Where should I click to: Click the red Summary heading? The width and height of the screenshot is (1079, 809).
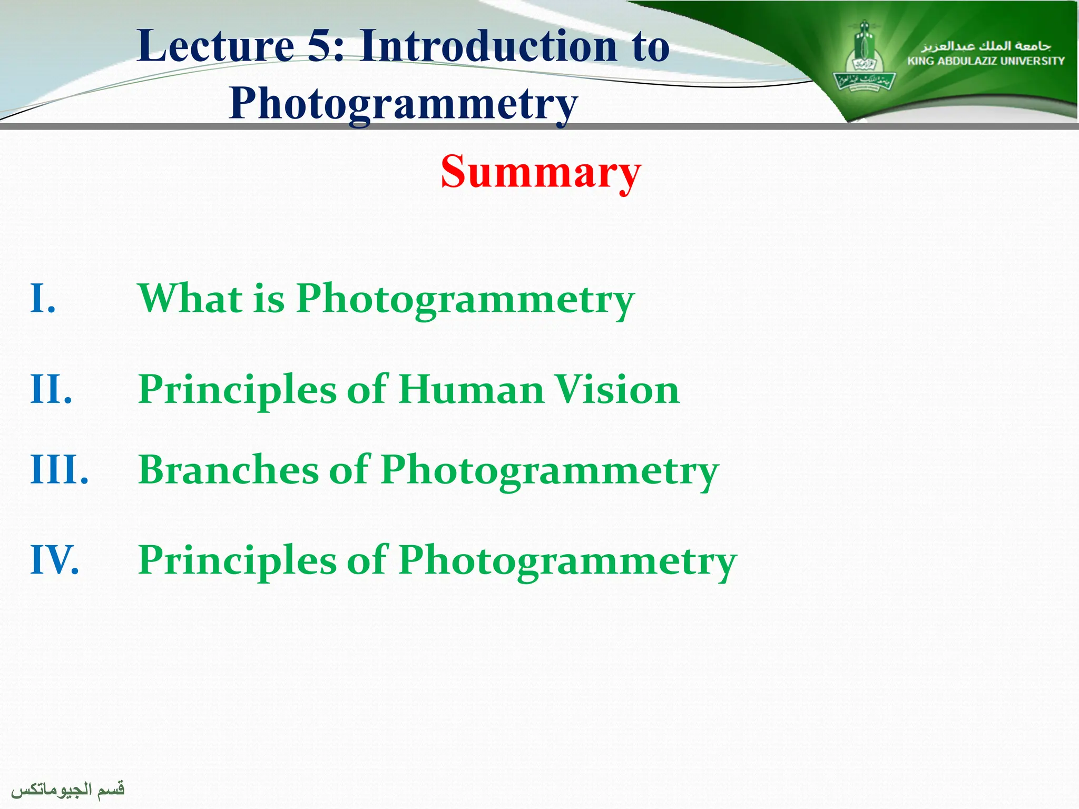(x=541, y=172)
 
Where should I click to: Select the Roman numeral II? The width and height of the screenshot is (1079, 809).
(x=51, y=389)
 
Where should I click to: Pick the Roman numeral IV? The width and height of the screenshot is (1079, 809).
(x=55, y=559)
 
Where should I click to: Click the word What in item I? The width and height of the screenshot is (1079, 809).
(x=190, y=298)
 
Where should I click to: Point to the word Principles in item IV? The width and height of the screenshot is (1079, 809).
(x=237, y=559)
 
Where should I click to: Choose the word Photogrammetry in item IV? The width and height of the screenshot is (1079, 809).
(x=567, y=561)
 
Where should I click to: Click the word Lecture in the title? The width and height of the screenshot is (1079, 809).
(x=215, y=46)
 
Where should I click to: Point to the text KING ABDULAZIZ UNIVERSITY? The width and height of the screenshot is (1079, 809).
(x=986, y=61)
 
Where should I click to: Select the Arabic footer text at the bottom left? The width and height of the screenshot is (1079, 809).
(x=68, y=789)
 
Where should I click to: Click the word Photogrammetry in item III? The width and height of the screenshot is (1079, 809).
(x=550, y=471)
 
